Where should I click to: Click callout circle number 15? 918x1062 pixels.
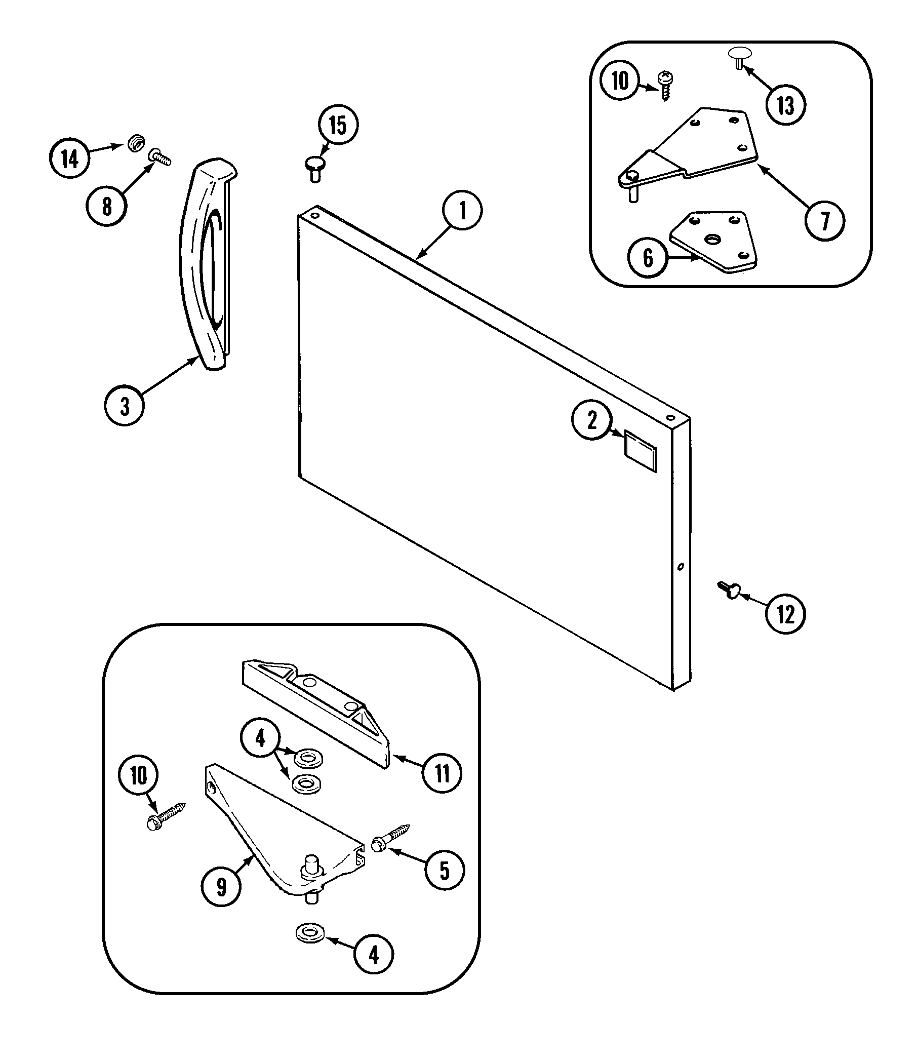(338, 126)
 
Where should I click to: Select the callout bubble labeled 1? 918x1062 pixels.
(462, 211)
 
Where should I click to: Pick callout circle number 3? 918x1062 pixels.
(125, 407)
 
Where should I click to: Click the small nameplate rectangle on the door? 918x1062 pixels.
(640, 451)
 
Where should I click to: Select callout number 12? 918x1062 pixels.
(785, 613)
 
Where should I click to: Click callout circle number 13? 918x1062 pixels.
(786, 104)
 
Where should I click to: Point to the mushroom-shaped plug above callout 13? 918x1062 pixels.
(740, 56)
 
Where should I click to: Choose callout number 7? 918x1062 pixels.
(825, 221)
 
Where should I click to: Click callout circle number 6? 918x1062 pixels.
(648, 257)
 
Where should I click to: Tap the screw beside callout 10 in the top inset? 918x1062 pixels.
(666, 85)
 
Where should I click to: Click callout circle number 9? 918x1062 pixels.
(221, 887)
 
